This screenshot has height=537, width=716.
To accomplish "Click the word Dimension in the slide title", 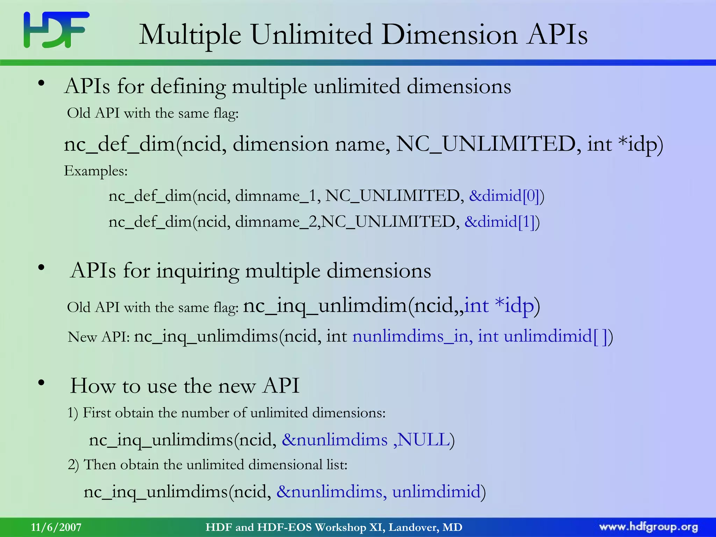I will tap(449, 35).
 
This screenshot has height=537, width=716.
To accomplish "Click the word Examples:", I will tap(96, 171).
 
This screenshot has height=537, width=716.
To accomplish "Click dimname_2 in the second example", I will tap(276, 222).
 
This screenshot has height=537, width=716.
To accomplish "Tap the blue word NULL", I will tap(424, 439).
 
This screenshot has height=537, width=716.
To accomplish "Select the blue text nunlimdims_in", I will tap(413, 336).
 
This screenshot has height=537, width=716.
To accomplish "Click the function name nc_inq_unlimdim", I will tap(325, 306).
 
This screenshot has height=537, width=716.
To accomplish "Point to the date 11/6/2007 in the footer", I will tap(56, 527).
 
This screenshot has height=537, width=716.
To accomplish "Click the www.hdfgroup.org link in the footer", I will tap(649, 527).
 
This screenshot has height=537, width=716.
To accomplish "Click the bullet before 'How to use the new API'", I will tap(42, 383).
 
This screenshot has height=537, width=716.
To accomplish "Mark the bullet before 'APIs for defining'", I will tap(42, 84).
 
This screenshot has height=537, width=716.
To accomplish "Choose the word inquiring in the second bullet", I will tap(197, 271).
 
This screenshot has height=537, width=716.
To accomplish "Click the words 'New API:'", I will tap(99, 337).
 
